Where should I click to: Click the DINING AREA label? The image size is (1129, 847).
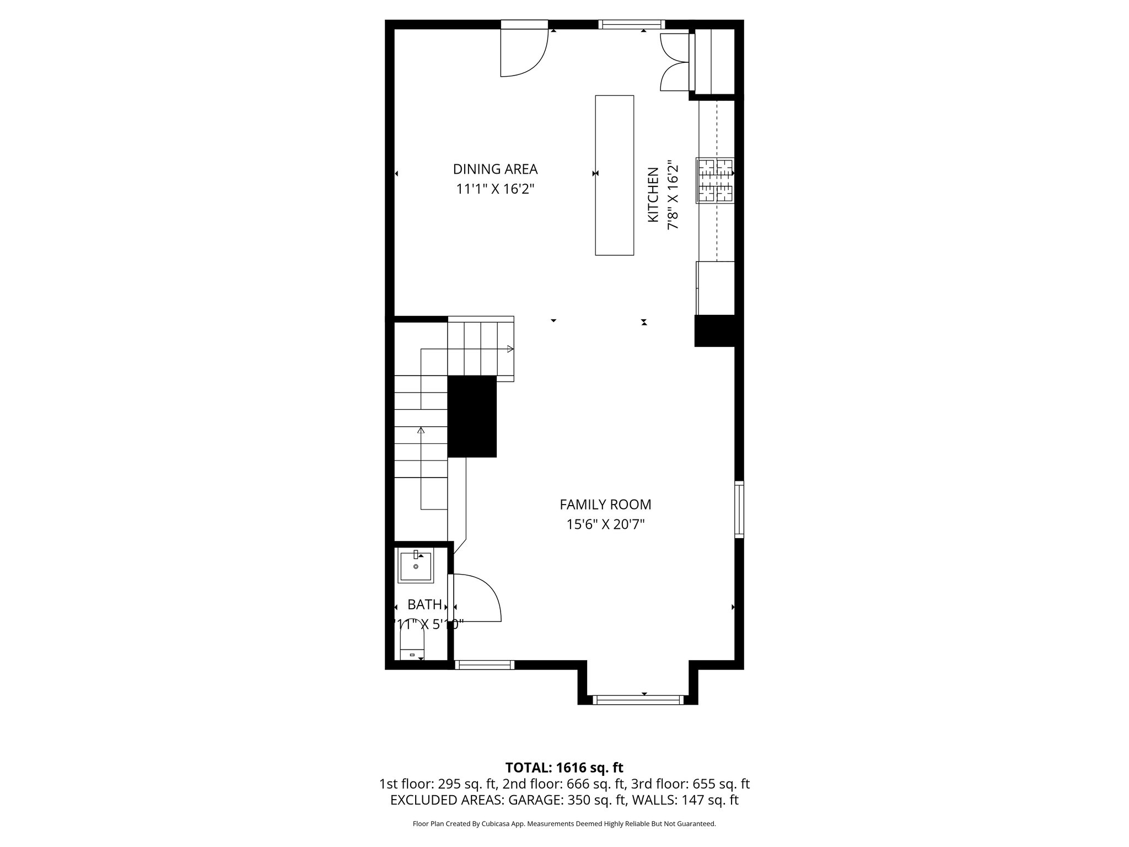495,169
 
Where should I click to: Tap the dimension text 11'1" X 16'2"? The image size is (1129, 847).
495,189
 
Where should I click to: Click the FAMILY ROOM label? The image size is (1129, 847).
605,504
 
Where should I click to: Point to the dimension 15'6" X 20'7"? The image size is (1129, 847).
605,524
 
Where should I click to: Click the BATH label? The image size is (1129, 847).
424,604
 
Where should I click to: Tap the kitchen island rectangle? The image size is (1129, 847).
614,175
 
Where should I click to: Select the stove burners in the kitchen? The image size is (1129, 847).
715,180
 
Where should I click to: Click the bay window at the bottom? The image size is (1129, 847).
637,700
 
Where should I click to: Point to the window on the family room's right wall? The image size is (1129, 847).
739,509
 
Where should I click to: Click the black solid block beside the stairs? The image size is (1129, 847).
472,416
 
